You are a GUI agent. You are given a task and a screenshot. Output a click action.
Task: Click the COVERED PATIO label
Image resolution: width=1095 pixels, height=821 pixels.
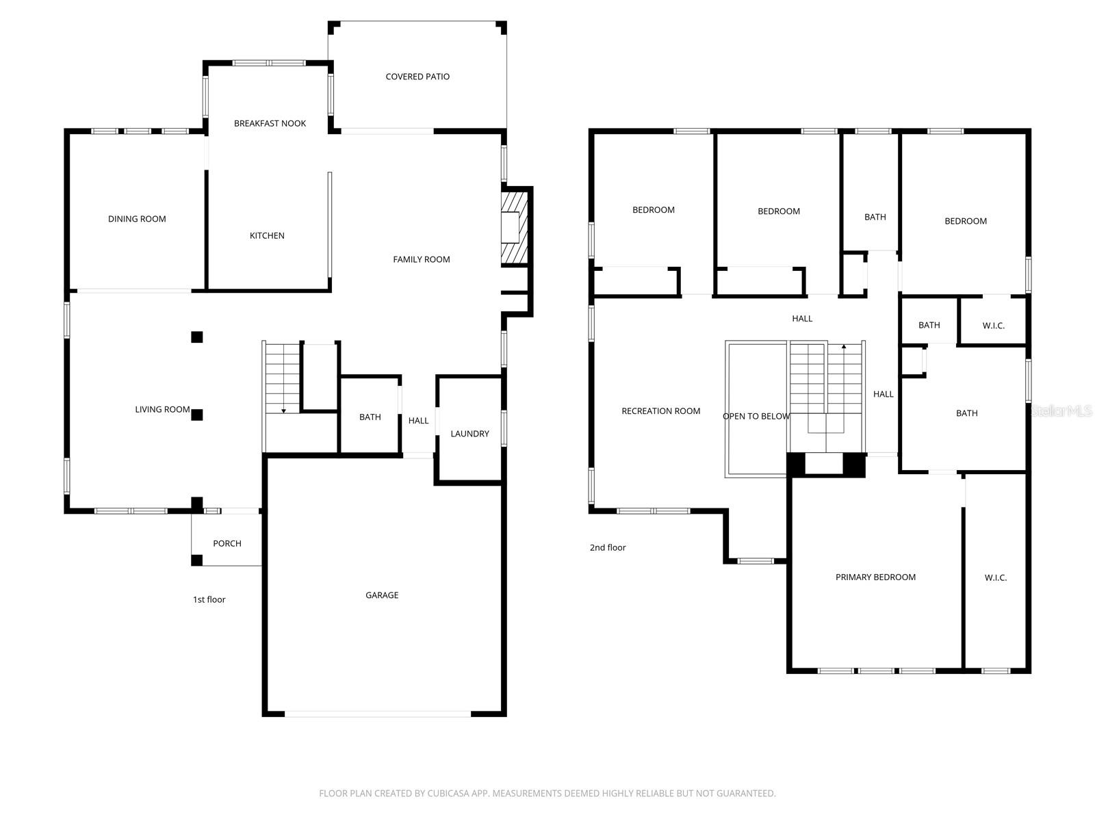[417, 76]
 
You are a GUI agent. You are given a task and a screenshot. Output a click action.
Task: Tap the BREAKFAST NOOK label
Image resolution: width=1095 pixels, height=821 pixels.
[270, 123]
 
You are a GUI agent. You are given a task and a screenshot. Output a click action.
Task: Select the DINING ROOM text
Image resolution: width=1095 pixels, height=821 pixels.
[137, 218]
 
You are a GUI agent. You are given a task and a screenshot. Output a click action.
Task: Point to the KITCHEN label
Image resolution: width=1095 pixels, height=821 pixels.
[266, 235]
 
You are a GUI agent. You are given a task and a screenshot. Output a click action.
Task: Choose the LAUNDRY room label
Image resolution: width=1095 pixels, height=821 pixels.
[469, 433]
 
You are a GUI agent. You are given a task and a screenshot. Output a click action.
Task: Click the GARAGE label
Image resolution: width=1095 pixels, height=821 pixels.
[382, 595]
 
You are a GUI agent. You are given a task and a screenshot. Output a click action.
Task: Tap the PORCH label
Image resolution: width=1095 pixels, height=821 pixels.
[227, 543]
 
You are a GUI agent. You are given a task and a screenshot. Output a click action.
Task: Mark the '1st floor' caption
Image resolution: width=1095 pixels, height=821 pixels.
[209, 599]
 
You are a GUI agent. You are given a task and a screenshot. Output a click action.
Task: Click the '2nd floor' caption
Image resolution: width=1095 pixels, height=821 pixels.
[607, 547]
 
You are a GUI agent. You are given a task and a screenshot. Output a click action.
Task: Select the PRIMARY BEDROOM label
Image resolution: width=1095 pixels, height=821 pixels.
[875, 577]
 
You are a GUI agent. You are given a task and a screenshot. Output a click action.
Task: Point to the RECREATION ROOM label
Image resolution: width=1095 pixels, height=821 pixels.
[660, 410]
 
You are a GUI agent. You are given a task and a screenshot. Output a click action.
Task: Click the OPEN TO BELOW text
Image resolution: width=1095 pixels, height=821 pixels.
[756, 416]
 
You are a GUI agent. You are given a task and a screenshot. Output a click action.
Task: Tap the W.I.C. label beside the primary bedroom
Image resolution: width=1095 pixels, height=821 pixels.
[995, 577]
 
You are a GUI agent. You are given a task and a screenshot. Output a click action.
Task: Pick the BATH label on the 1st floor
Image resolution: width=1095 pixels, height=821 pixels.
[370, 417]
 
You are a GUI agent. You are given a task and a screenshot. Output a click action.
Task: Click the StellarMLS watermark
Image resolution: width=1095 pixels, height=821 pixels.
[1061, 410]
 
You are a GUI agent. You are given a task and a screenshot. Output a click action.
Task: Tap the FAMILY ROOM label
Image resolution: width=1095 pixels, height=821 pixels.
[421, 259]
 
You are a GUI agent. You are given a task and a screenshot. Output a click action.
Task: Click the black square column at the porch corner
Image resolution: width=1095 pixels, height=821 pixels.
[196, 559]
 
